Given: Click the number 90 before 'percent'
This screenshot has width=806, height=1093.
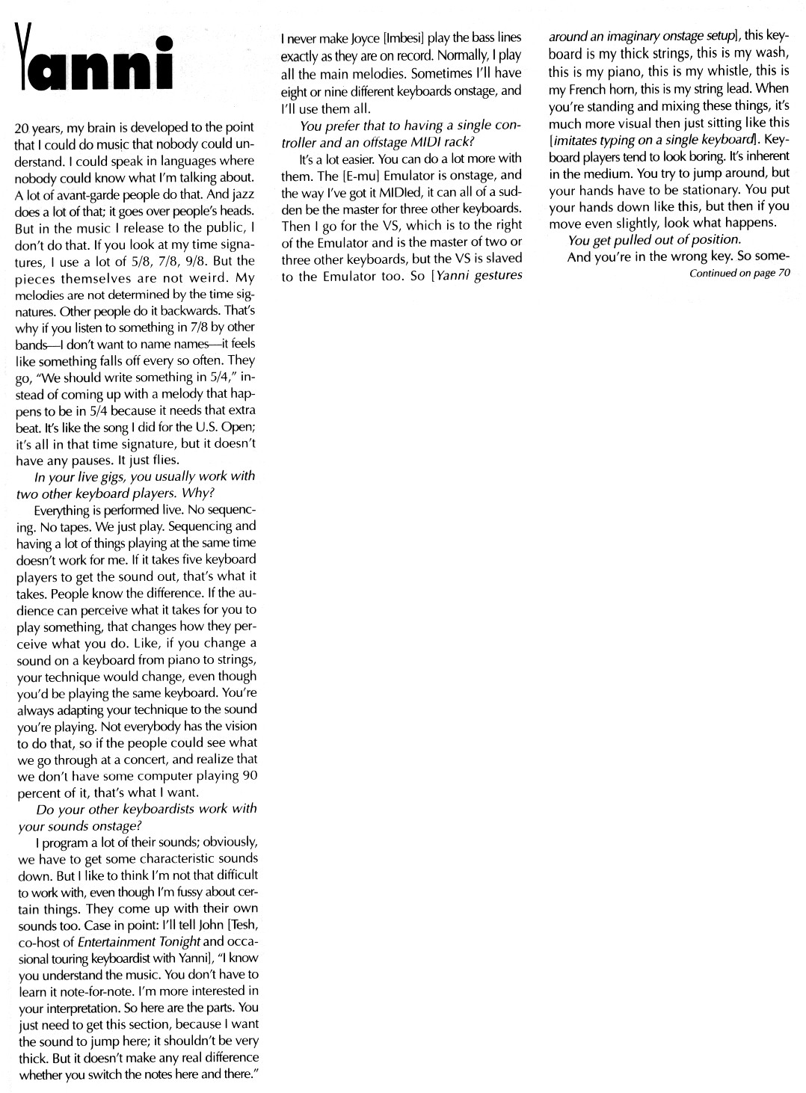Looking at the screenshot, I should pos(250,775).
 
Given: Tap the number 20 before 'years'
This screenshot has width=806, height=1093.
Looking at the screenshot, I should pos(22,127).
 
